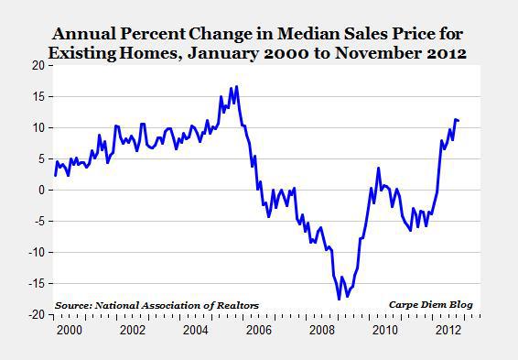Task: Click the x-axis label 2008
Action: pos(322,330)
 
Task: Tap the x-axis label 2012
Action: pos(448,330)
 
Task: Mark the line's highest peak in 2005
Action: pos(237,87)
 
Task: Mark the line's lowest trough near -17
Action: pos(339,300)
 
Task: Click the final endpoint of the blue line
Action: pos(459,121)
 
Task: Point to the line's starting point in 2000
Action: pos(54,175)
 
